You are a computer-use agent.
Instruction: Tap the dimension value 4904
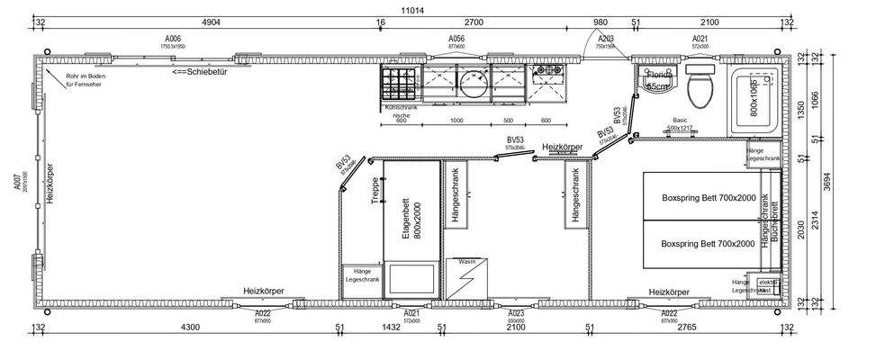212,22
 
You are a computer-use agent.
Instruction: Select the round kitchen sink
471,82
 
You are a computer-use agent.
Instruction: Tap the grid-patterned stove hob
396,82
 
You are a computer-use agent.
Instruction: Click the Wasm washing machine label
467,262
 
